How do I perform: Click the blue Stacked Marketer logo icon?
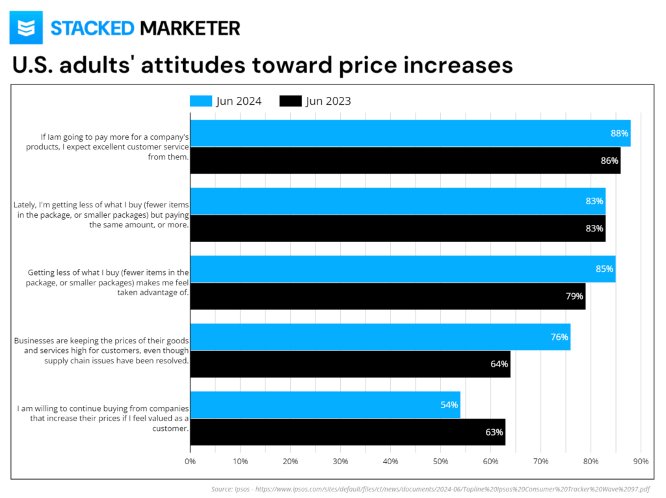point(26,28)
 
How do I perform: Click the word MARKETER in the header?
point(190,28)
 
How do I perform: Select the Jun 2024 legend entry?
point(226,101)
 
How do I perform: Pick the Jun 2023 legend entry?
point(316,101)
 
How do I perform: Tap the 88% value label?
point(619,133)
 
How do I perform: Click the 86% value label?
point(609,161)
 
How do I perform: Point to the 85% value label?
point(604,269)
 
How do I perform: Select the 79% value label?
point(574,296)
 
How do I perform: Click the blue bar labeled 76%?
point(380,337)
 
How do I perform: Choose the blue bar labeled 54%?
point(325,404)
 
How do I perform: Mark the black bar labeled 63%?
point(347,432)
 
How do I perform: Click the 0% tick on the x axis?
point(190,462)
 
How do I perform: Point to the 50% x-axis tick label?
point(440,462)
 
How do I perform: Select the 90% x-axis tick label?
point(641,462)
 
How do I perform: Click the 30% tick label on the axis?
point(340,462)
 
